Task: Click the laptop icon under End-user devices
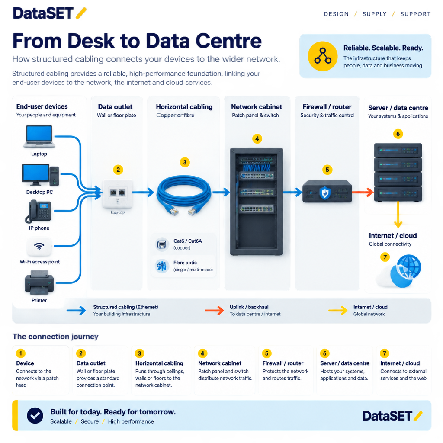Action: [39, 136]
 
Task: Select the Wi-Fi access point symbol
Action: [39, 246]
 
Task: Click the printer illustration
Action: [39, 282]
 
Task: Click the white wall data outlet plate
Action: [118, 193]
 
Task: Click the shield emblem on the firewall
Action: [325, 193]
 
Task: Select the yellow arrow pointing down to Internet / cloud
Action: [398, 215]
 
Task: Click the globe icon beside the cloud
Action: [408, 266]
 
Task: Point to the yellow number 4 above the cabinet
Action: [257, 139]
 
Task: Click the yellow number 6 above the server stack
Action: [398, 134]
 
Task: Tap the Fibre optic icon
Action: [162, 266]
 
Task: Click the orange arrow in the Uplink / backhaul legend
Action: [215, 310]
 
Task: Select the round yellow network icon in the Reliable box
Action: [323, 56]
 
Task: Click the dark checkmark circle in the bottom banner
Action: [35, 416]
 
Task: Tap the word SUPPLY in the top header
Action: [375, 14]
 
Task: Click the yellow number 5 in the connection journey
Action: [266, 353]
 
